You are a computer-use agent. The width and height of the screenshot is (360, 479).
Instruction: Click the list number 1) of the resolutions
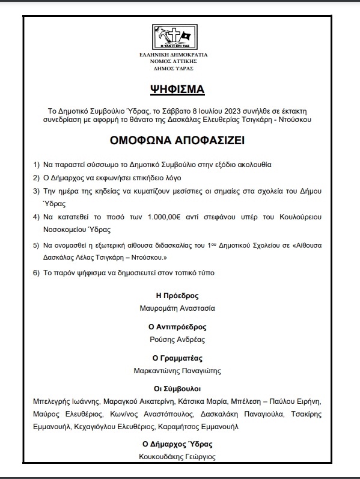pyautogui.click(x=37, y=164)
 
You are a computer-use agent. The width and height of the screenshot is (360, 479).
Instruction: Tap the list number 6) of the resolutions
pyautogui.click(x=37, y=273)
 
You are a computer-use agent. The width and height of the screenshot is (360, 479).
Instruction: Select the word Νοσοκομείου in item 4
pyautogui.click(x=67, y=230)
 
